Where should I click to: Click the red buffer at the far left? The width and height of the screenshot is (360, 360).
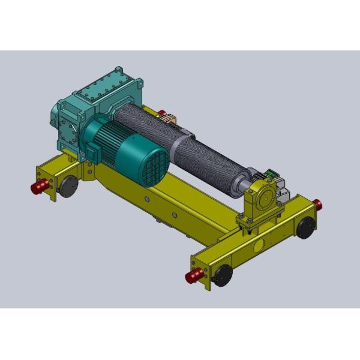(40, 187)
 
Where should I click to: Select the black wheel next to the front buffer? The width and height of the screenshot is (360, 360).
(223, 274)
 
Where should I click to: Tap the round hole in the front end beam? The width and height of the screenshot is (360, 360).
(259, 245)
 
